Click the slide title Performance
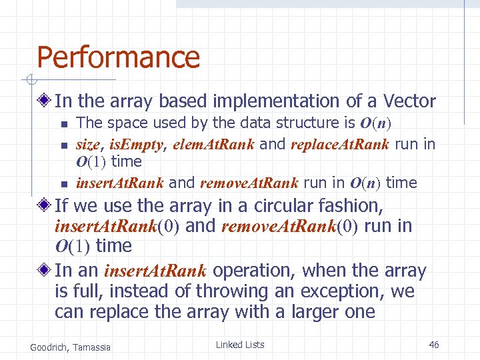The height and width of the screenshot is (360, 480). click(x=118, y=57)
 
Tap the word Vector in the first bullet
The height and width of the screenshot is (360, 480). click(x=409, y=101)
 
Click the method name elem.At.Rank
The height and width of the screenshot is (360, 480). click(x=213, y=144)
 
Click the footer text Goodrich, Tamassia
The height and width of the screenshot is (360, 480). click(x=71, y=346)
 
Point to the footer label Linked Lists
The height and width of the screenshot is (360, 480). click(x=240, y=345)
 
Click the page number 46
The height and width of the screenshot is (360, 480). click(x=434, y=345)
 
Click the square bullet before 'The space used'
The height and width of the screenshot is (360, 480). click(x=63, y=124)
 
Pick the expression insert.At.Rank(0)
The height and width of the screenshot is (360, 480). click(x=117, y=227)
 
